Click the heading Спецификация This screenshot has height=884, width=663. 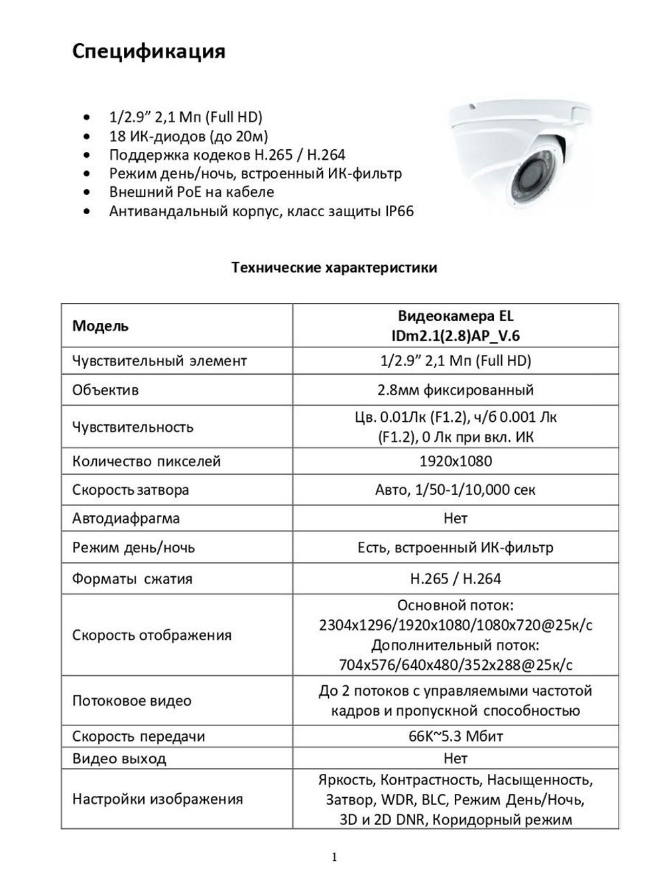[x=149, y=51]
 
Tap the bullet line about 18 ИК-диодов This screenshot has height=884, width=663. [x=188, y=136]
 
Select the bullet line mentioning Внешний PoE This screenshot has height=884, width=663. [x=191, y=192]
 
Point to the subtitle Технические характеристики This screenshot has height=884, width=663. [x=334, y=268]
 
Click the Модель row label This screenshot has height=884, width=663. [x=101, y=326]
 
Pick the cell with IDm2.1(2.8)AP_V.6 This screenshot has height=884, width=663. [x=455, y=336]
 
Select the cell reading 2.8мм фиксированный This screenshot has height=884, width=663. [x=455, y=390]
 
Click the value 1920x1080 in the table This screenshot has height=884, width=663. [x=455, y=461]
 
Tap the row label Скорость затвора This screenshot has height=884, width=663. [x=131, y=490]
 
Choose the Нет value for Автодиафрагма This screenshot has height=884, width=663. [x=455, y=519]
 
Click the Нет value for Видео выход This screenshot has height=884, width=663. [x=455, y=758]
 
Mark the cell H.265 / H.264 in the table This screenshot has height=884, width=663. [x=455, y=578]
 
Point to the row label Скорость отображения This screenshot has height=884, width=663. [x=152, y=635]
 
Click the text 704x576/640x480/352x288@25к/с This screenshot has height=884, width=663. [x=455, y=664]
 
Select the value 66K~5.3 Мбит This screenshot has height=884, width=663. [x=455, y=736]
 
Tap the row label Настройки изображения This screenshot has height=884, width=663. [x=158, y=799]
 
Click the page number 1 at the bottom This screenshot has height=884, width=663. [x=334, y=857]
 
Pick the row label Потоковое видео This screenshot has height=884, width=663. [x=132, y=701]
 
